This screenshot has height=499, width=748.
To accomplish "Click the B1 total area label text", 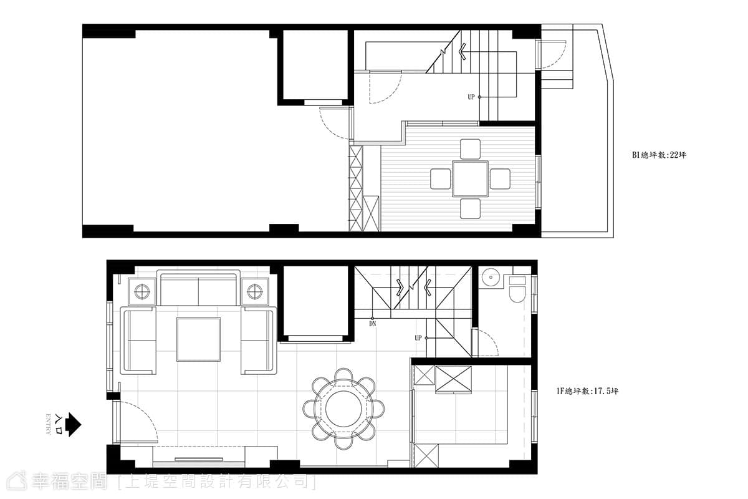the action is click(659, 155).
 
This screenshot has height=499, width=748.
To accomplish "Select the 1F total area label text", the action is click(587, 391).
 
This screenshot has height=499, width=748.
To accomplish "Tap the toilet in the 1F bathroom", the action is click(517, 289).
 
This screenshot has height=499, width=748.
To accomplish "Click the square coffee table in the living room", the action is click(199, 339).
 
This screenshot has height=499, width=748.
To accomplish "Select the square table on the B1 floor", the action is click(470, 179).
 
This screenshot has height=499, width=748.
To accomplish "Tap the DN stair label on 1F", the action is click(373, 324).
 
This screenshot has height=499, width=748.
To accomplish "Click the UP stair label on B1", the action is click(471, 97).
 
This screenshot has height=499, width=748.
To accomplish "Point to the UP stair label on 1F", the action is click(418, 338).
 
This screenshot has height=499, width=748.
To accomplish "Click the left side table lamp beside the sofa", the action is click(142, 292).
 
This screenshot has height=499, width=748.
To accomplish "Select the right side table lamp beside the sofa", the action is click(255, 292).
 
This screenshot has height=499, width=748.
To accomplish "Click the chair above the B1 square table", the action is click(470, 149).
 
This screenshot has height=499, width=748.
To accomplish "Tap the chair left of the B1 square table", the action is click(441, 179).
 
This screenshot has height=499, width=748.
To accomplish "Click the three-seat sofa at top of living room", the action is click(199, 288).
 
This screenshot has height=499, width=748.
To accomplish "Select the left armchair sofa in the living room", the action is click(138, 340).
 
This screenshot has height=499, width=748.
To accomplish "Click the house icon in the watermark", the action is click(17, 482).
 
